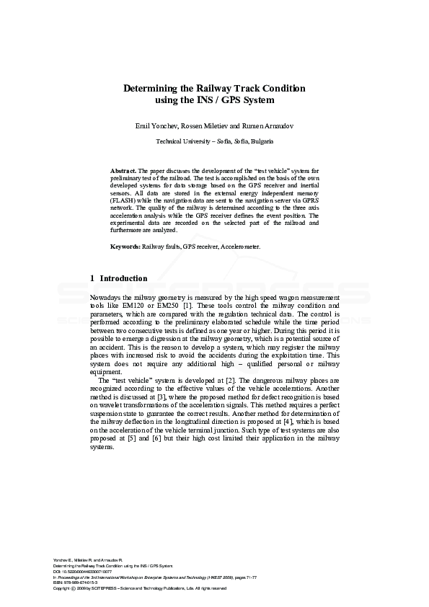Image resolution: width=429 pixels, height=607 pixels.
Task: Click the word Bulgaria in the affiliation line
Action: pyautogui.click(x=262, y=141)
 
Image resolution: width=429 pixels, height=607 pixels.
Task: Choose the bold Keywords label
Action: pyautogui.click(x=125, y=247)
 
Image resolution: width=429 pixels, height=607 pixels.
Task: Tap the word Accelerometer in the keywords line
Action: pyautogui.click(x=238, y=247)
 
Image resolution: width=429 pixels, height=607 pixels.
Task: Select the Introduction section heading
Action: pyautogui.click(x=123, y=278)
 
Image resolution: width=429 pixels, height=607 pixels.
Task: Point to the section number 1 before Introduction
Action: pyautogui.click(x=92, y=278)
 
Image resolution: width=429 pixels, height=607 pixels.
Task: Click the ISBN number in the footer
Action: pyautogui.click(x=80, y=582)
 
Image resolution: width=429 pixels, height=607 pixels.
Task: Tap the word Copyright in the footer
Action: pyautogui.click(x=62, y=588)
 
